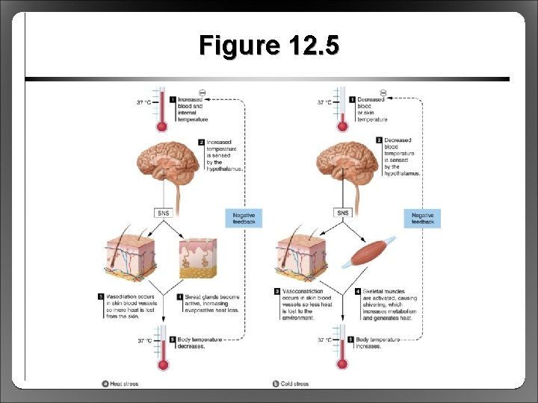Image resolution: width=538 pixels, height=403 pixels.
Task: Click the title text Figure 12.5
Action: click(269, 46)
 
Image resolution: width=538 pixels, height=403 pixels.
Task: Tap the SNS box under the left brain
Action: click(164, 213)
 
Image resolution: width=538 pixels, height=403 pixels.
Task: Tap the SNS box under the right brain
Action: click(343, 213)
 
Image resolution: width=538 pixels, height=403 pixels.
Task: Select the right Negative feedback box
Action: click(422, 218)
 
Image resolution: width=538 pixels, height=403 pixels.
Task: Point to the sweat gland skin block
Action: click(197, 257)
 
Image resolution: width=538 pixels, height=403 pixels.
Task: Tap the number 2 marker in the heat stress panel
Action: click(201, 141)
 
